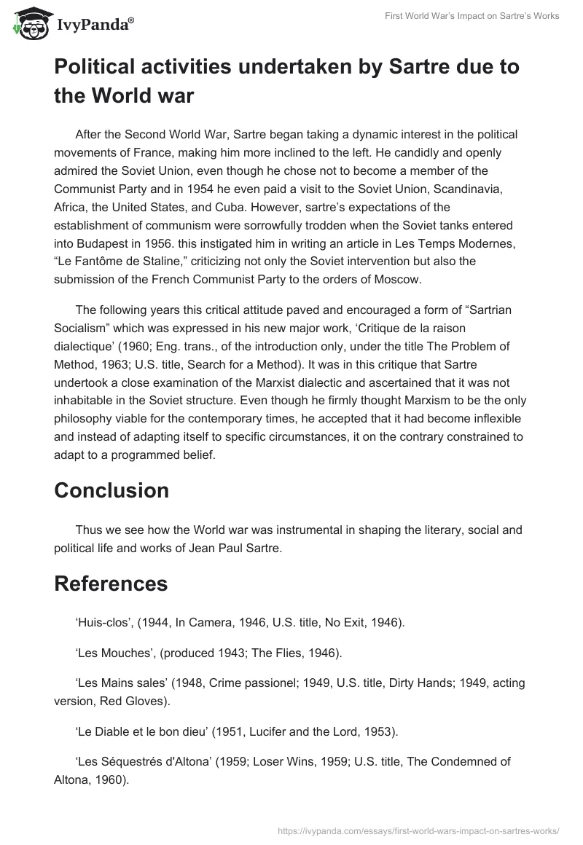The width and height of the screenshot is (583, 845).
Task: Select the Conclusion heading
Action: [x=111, y=490]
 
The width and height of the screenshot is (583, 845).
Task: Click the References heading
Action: [x=111, y=583]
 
